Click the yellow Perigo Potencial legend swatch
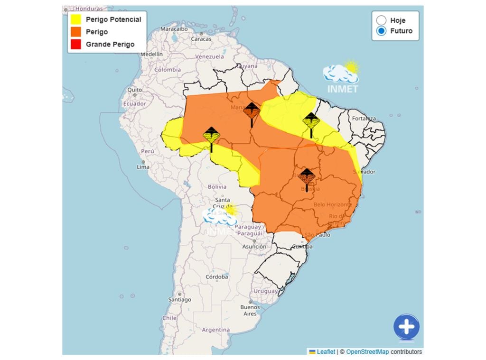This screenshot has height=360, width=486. pyautogui.click(x=75, y=19)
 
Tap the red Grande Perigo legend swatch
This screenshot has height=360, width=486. pyautogui.click(x=75, y=44)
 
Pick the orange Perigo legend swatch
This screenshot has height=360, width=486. pyautogui.click(x=75, y=32)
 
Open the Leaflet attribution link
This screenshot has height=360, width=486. pyautogui.click(x=326, y=351)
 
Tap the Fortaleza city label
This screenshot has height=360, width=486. pyautogui.click(x=364, y=118)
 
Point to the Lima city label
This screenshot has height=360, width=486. pyautogui.click(x=143, y=167)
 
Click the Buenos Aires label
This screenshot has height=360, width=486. pyautogui.click(x=250, y=310)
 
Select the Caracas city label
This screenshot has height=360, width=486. pyautogui.click(x=201, y=39)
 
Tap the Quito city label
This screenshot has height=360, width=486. pyautogui.click(x=134, y=89)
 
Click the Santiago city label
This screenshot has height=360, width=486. pyautogui.click(x=179, y=299)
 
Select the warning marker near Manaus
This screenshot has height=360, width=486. pyautogui.click(x=252, y=112)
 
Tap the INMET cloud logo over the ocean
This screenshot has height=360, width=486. pyautogui.click(x=341, y=76)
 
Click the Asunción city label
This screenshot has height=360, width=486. pyautogui.click(x=254, y=246)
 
